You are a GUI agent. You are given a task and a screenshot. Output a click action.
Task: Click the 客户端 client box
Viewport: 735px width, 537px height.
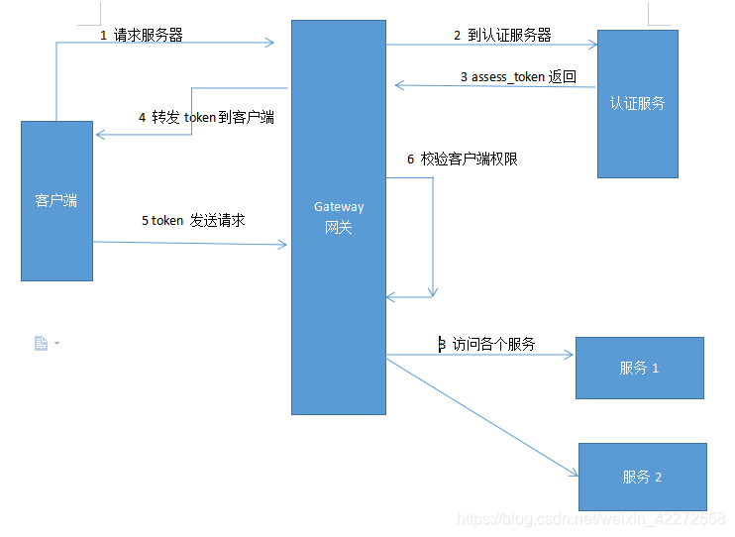pyautogui.click(x=56, y=200)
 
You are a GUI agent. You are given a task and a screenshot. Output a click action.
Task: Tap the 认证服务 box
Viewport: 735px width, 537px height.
pyautogui.click(x=637, y=103)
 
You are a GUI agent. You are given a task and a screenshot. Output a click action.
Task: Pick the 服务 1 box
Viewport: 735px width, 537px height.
pyautogui.click(x=639, y=368)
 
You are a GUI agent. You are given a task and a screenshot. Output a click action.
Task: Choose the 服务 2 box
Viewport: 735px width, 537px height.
pyautogui.click(x=642, y=477)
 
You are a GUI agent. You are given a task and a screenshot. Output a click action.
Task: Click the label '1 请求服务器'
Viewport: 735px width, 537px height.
pyautogui.click(x=141, y=35)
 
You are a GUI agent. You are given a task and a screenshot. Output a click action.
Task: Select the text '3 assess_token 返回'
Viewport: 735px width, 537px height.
pyautogui.click(x=518, y=76)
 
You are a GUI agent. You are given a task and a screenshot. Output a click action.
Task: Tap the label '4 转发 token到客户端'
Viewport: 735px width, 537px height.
pyautogui.click(x=206, y=117)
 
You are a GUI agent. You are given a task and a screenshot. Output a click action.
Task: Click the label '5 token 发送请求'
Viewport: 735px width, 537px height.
pyautogui.click(x=192, y=220)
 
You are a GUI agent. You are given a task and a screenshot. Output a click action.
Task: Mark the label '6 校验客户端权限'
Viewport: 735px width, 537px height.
pyautogui.click(x=462, y=159)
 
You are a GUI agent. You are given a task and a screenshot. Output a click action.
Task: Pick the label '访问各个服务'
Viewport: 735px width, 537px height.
pyautogui.click(x=492, y=344)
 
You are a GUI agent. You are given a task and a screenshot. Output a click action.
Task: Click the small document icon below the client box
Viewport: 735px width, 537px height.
pyautogui.click(x=42, y=343)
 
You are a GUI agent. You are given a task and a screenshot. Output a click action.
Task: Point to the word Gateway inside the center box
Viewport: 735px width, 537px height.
pyautogui.click(x=339, y=207)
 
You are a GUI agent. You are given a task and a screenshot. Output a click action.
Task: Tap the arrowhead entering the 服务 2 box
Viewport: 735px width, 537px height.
pyautogui.click(x=573, y=473)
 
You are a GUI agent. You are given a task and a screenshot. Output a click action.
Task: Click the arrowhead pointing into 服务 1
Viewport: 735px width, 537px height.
pyautogui.click(x=570, y=354)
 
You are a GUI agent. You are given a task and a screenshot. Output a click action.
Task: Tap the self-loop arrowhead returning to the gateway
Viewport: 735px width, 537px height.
pyautogui.click(x=391, y=295)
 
